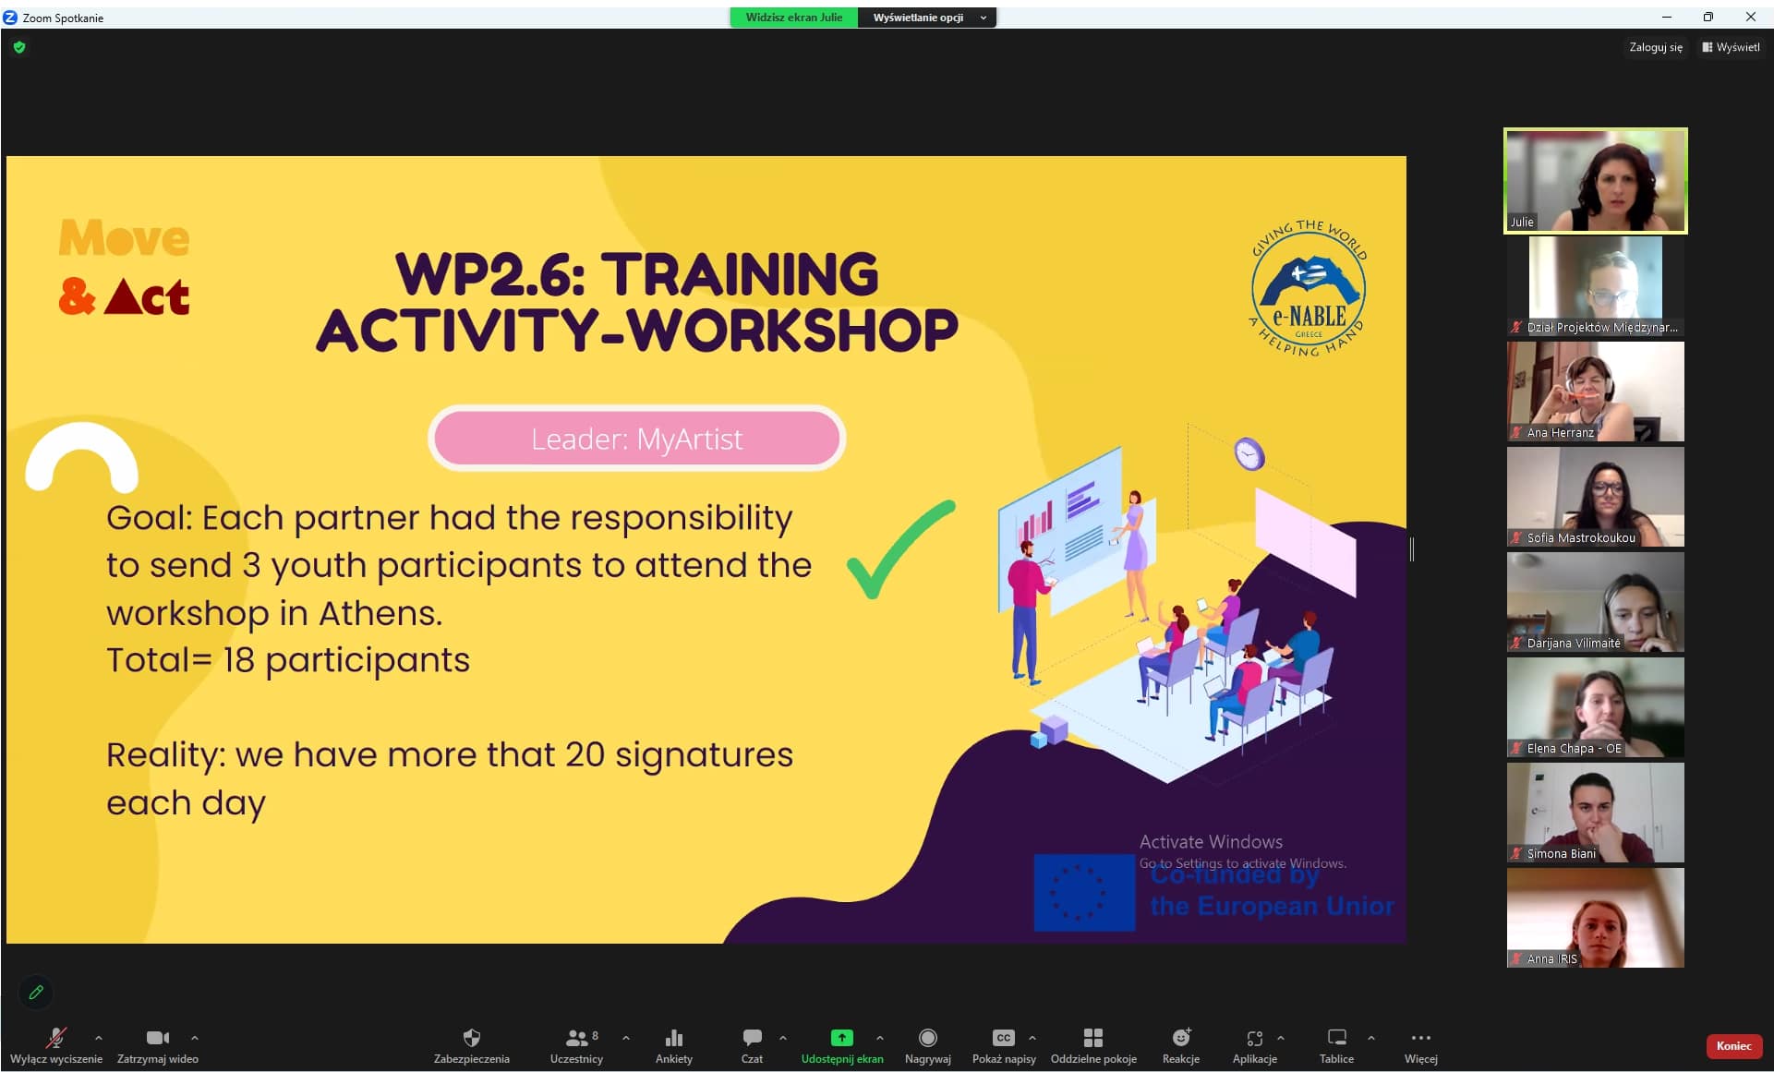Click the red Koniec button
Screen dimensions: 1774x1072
point(1733,1046)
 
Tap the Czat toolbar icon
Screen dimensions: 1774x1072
point(752,1038)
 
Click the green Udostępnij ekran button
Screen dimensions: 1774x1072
point(841,1038)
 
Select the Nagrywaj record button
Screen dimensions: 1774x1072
point(928,1038)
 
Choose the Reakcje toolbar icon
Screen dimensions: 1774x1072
point(1181,1038)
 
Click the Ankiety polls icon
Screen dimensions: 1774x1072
point(674,1038)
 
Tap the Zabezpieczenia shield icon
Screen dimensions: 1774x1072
point(472,1038)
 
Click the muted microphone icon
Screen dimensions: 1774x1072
point(56,1038)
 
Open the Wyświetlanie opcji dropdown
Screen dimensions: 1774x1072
point(927,18)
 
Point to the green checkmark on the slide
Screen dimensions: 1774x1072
point(900,548)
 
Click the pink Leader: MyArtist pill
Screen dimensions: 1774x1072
point(637,439)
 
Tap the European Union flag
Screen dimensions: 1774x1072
point(1084,892)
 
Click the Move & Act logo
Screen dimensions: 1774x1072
point(125,267)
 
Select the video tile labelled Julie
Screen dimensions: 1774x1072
point(1596,181)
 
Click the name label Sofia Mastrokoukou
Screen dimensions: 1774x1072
point(1580,537)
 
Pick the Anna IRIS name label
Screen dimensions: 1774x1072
point(1551,958)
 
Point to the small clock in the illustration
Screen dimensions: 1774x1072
point(1249,453)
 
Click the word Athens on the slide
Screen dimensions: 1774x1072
point(380,613)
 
